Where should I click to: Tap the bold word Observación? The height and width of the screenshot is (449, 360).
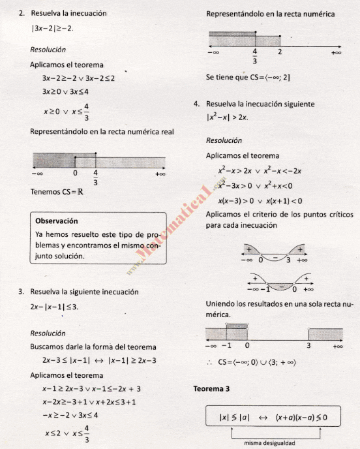[x=57, y=221]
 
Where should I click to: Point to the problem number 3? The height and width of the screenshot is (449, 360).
[x=22, y=291]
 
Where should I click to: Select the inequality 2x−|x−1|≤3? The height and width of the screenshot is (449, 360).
[x=54, y=306]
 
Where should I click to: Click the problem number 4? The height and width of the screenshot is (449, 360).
[x=196, y=104]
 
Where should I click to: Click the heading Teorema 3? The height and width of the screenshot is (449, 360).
[x=211, y=390]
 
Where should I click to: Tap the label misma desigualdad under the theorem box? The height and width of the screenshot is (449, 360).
[x=269, y=443]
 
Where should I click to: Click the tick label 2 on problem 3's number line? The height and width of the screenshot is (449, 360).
[x=278, y=51]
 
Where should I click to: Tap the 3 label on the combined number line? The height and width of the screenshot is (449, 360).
[x=308, y=345]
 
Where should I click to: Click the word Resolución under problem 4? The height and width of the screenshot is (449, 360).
[x=224, y=141]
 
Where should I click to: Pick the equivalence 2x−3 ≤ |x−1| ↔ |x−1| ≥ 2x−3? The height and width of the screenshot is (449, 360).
[x=97, y=360]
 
